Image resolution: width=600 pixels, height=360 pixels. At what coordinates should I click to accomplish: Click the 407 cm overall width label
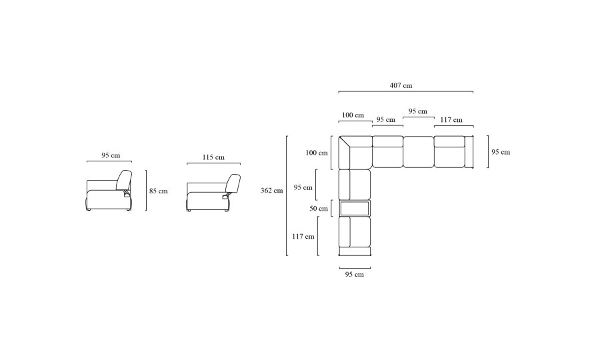click(401, 85)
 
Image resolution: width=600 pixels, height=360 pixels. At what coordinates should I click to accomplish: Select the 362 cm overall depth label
click(272, 190)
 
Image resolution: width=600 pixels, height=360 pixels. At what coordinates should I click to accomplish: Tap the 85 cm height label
click(159, 191)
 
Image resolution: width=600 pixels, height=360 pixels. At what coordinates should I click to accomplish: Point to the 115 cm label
click(213, 157)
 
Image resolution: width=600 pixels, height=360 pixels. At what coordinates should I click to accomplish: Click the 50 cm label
click(319, 209)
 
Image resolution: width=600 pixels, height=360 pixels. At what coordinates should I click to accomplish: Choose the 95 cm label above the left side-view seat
click(111, 155)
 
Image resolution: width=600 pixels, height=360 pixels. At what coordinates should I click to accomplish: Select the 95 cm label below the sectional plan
click(355, 274)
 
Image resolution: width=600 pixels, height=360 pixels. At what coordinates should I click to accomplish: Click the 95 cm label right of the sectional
click(501, 152)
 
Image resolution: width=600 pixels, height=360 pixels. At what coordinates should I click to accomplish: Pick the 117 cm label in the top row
click(451, 120)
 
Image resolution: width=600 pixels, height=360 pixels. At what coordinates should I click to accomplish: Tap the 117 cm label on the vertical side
click(303, 237)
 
